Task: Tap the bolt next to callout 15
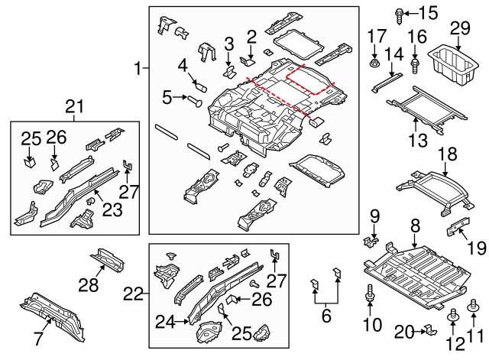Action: point(400,12)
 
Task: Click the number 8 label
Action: point(416,225)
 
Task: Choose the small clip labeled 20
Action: point(429,330)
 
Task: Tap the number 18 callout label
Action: point(444,155)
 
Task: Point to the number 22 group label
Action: point(134,293)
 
